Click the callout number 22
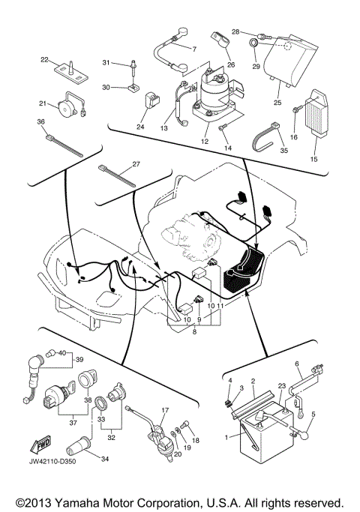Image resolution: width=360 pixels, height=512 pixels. pos(44,59)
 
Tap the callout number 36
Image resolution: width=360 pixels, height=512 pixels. pos(41,122)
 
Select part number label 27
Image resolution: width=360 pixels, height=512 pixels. pos(136,163)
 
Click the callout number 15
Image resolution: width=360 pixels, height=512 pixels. pos(314,159)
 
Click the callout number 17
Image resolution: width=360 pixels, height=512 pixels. pos(165,410)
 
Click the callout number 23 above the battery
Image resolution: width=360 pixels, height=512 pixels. pos(280,386)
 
